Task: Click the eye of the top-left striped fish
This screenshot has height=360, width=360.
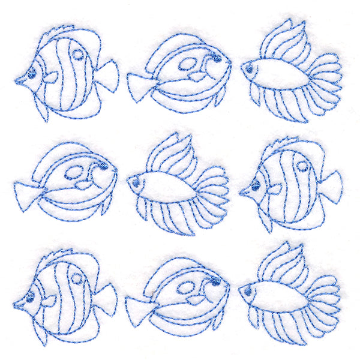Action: pyautogui.click(x=31, y=74)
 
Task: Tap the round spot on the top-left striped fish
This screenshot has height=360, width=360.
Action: pyautogui.click(x=78, y=55)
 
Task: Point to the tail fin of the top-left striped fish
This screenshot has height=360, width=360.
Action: pyautogui.click(x=107, y=77)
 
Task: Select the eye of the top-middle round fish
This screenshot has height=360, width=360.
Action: pyautogui.click(x=214, y=59)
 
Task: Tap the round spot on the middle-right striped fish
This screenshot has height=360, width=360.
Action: pyautogui.click(x=302, y=167)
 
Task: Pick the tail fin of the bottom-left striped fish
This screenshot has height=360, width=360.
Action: pyautogui.click(x=106, y=298)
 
